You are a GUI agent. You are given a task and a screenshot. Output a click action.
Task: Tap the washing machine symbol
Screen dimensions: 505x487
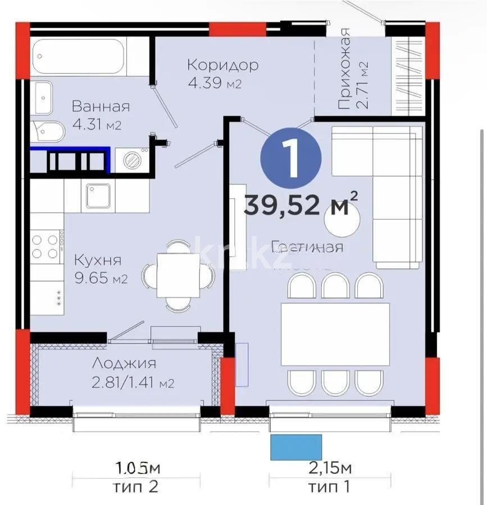click(x=133, y=159)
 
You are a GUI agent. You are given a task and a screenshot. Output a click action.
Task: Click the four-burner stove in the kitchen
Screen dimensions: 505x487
click(x=45, y=246)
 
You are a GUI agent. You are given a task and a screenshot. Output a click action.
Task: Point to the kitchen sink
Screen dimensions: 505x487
click(x=101, y=197)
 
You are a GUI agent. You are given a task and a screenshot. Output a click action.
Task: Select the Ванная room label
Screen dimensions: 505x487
click(x=101, y=107)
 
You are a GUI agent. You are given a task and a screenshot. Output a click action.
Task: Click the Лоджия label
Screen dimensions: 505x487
click(x=124, y=364)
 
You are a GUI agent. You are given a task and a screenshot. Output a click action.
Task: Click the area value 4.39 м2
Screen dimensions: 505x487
click(x=215, y=84)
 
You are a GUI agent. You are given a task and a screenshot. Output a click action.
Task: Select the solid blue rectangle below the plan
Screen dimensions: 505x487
click(x=296, y=447)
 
